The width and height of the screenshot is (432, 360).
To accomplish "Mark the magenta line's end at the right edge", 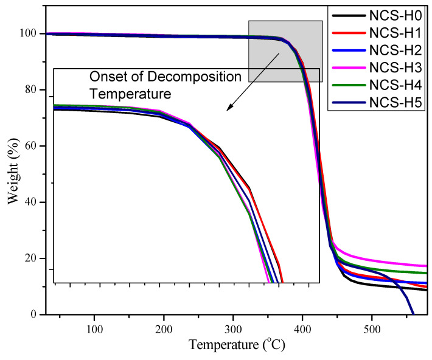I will (426, 266).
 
